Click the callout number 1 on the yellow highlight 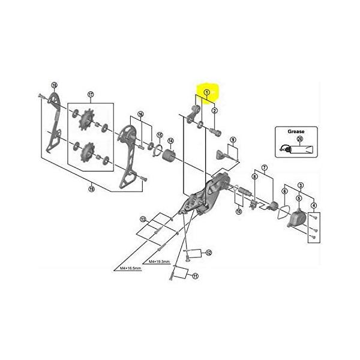tap(206, 92)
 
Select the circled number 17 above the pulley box tap(91, 94)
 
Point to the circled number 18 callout tap(53, 85)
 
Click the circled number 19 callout tap(91, 190)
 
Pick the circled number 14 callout tap(170, 141)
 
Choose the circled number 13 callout tap(143, 219)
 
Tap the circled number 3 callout tap(300, 186)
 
